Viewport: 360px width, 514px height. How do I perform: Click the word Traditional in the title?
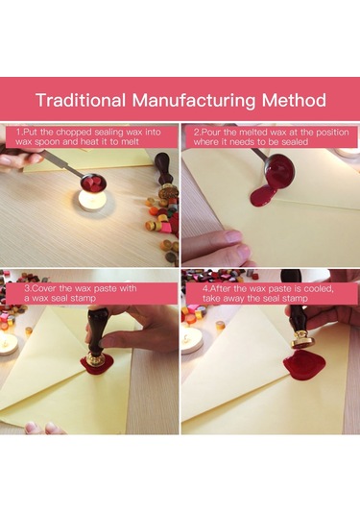point(81,100)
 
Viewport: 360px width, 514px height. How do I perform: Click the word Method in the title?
point(294,100)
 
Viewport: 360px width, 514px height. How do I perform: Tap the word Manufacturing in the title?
point(194,101)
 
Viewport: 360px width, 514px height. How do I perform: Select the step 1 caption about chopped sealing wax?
point(88,136)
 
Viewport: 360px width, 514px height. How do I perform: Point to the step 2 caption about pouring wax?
point(271,136)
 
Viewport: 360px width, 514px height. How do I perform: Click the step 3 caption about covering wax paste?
point(81,293)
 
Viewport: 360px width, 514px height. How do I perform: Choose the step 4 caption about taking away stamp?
point(268,293)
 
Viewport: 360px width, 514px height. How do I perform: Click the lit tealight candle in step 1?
point(93,199)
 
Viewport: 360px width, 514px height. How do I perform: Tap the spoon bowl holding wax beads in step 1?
point(94,184)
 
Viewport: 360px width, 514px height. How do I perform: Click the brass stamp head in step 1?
point(168,191)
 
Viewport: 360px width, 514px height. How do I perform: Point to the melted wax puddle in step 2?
point(263,196)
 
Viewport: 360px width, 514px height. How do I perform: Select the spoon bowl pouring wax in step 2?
point(278,172)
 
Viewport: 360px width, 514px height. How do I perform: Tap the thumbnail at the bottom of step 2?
point(234,236)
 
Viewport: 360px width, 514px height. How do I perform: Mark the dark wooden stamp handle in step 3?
point(96,330)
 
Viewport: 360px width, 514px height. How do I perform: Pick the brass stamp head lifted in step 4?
point(302,339)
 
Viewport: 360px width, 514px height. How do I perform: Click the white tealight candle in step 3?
point(8,344)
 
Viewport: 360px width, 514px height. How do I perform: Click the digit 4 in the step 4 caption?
point(205,289)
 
